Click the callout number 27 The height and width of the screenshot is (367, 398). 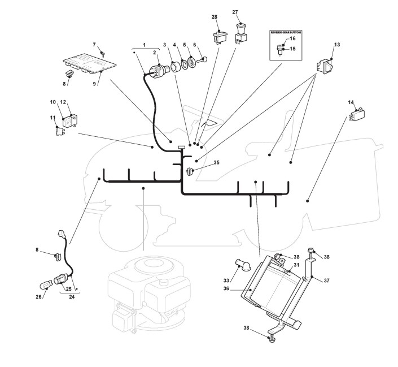(235, 12)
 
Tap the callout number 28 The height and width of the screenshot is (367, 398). (215, 18)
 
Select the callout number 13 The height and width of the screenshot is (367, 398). (337, 44)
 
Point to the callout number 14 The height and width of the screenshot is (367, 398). (351, 102)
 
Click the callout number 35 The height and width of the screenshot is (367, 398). (216, 163)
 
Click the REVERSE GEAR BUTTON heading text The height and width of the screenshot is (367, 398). (286, 33)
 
